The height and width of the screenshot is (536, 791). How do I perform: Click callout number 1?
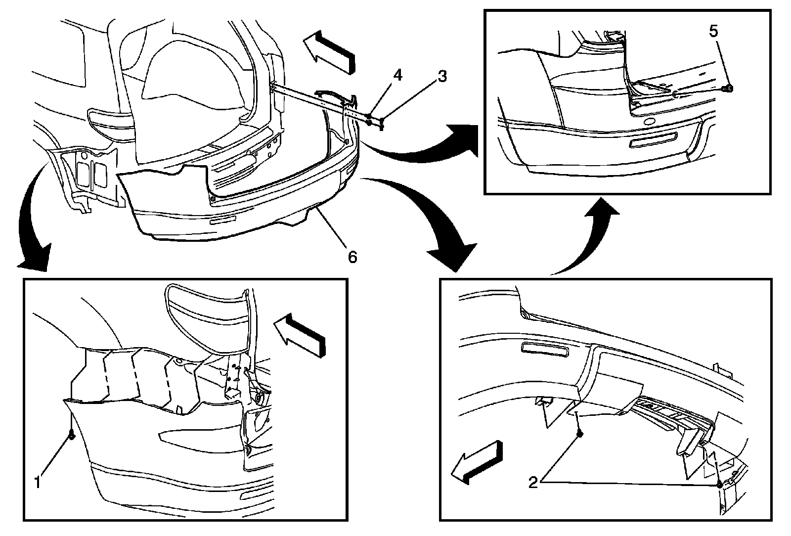tap(38, 482)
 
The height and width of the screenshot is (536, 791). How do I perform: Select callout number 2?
tap(533, 482)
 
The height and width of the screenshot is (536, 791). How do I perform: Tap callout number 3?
tap(442, 76)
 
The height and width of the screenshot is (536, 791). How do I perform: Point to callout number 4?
tap(397, 75)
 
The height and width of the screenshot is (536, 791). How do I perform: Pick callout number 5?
tap(713, 32)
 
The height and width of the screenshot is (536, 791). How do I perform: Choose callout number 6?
tap(352, 257)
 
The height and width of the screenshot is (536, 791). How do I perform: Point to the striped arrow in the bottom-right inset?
tap(477, 462)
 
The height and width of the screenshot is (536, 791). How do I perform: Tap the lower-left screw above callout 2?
tap(579, 434)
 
